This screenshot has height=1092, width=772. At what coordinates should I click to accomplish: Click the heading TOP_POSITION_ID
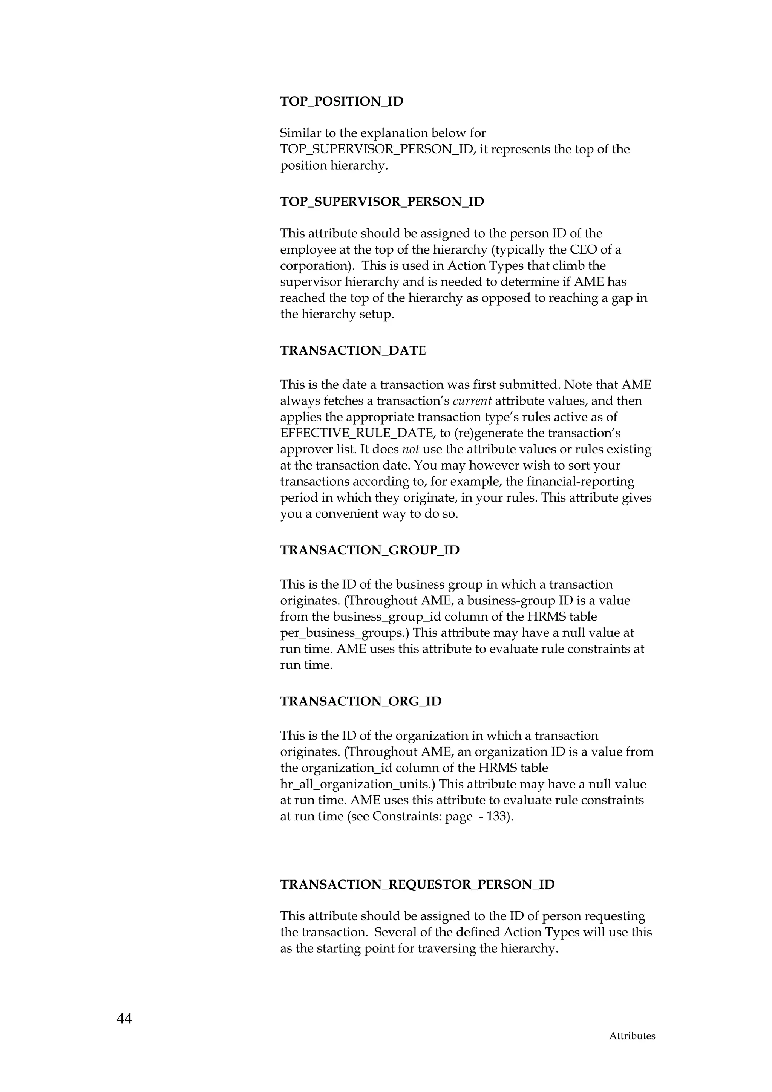pyautogui.click(x=342, y=101)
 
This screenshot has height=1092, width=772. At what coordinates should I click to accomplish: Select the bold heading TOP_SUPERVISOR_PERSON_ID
pyautogui.click(x=382, y=202)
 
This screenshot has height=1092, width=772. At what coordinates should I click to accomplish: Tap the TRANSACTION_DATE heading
pyautogui.click(x=353, y=350)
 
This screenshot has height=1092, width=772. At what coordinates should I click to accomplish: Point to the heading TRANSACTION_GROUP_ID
pyautogui.click(x=369, y=550)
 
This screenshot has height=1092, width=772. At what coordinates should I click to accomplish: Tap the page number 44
pyautogui.click(x=124, y=1018)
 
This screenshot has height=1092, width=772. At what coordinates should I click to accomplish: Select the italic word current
pyautogui.click(x=472, y=401)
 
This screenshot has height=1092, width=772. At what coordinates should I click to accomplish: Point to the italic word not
pyautogui.click(x=410, y=450)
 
